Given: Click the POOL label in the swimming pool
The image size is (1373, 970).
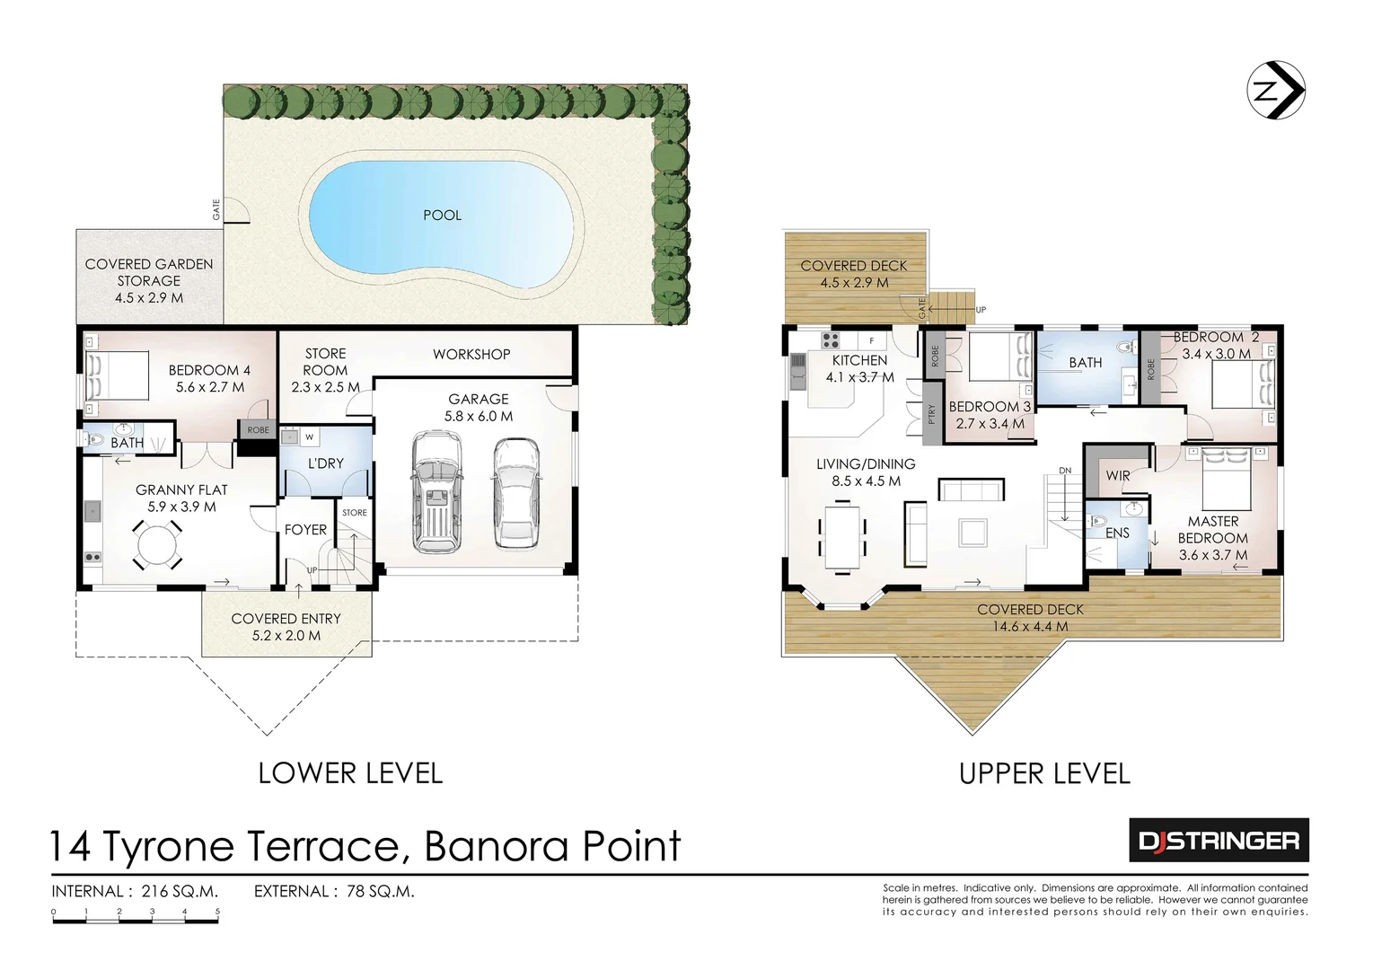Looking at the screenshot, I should pyautogui.click(x=442, y=215).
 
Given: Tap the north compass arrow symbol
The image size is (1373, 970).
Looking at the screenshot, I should pyautogui.click(x=1276, y=91).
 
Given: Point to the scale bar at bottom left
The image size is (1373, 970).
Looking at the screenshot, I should pyautogui.click(x=136, y=913).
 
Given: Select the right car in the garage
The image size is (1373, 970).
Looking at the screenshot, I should pyautogui.click(x=516, y=492).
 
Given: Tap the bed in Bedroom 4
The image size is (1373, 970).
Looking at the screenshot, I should pyautogui.click(x=117, y=374).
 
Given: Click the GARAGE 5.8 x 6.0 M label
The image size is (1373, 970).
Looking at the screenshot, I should pyautogui.click(x=479, y=407).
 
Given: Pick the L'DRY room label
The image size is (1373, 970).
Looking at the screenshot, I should pyautogui.click(x=325, y=463).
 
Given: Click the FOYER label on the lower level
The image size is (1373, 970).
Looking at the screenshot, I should pyautogui.click(x=305, y=530).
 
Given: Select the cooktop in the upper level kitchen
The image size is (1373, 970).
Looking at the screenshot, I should pyautogui.click(x=831, y=340).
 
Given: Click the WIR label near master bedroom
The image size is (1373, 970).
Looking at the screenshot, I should pyautogui.click(x=1118, y=475).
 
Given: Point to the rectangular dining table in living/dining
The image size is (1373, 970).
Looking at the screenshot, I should pyautogui.click(x=842, y=540).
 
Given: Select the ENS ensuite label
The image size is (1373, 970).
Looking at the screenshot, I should pyautogui.click(x=1117, y=533).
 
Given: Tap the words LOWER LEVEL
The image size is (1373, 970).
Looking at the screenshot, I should pyautogui.click(x=350, y=772).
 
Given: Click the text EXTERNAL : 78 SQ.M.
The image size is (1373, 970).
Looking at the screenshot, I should pyautogui.click(x=334, y=892).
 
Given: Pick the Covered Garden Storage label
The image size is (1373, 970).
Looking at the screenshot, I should pyautogui.click(x=149, y=280).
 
